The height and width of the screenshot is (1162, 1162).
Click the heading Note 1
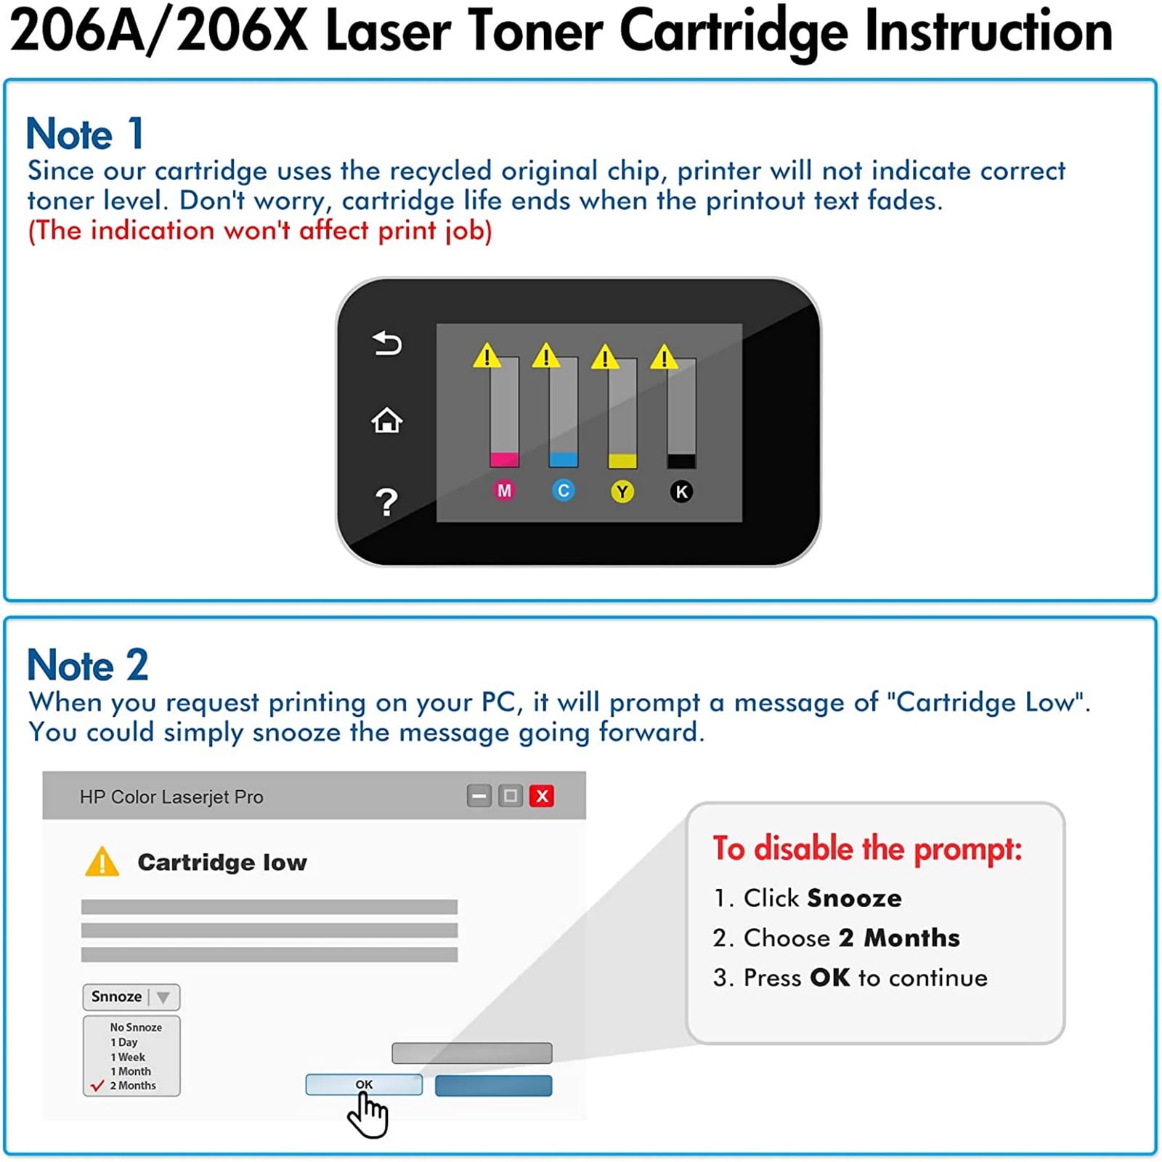[85, 134]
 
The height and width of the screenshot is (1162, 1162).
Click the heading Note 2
[88, 665]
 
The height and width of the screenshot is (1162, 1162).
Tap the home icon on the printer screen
[387, 420]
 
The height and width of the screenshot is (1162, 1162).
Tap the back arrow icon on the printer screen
[387, 344]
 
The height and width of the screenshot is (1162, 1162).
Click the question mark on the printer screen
[387, 502]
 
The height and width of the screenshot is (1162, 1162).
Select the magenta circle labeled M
[504, 491]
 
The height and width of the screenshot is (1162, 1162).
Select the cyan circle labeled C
[564, 491]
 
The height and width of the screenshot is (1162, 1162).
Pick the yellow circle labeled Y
[622, 492]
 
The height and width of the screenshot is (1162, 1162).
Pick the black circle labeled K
[681, 492]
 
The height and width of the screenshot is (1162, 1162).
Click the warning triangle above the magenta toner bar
[487, 356]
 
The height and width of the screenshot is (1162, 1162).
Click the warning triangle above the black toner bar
[664, 357]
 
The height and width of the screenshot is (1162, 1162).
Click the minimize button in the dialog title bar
[479, 796]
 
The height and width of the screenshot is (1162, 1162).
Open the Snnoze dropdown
[131, 997]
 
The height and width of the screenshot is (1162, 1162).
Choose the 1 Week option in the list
[128, 1057]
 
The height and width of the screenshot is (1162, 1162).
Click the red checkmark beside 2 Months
[97, 1086]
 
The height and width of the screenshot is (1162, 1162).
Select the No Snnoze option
[136, 1027]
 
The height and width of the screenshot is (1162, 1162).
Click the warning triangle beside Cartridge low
[102, 862]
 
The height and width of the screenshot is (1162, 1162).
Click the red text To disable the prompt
[867, 849]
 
